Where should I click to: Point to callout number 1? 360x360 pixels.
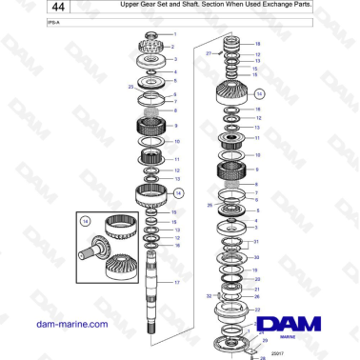click(x=174, y=34)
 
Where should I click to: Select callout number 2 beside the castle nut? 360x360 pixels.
click(x=174, y=47)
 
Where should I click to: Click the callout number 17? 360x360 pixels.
click(x=174, y=283)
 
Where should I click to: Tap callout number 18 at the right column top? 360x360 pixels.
click(x=256, y=44)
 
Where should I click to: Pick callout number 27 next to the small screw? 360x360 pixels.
click(x=208, y=54)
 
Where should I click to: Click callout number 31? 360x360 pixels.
click(x=256, y=242)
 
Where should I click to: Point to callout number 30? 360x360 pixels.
click(x=256, y=258)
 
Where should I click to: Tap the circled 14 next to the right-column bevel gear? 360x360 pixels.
click(x=259, y=94)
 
